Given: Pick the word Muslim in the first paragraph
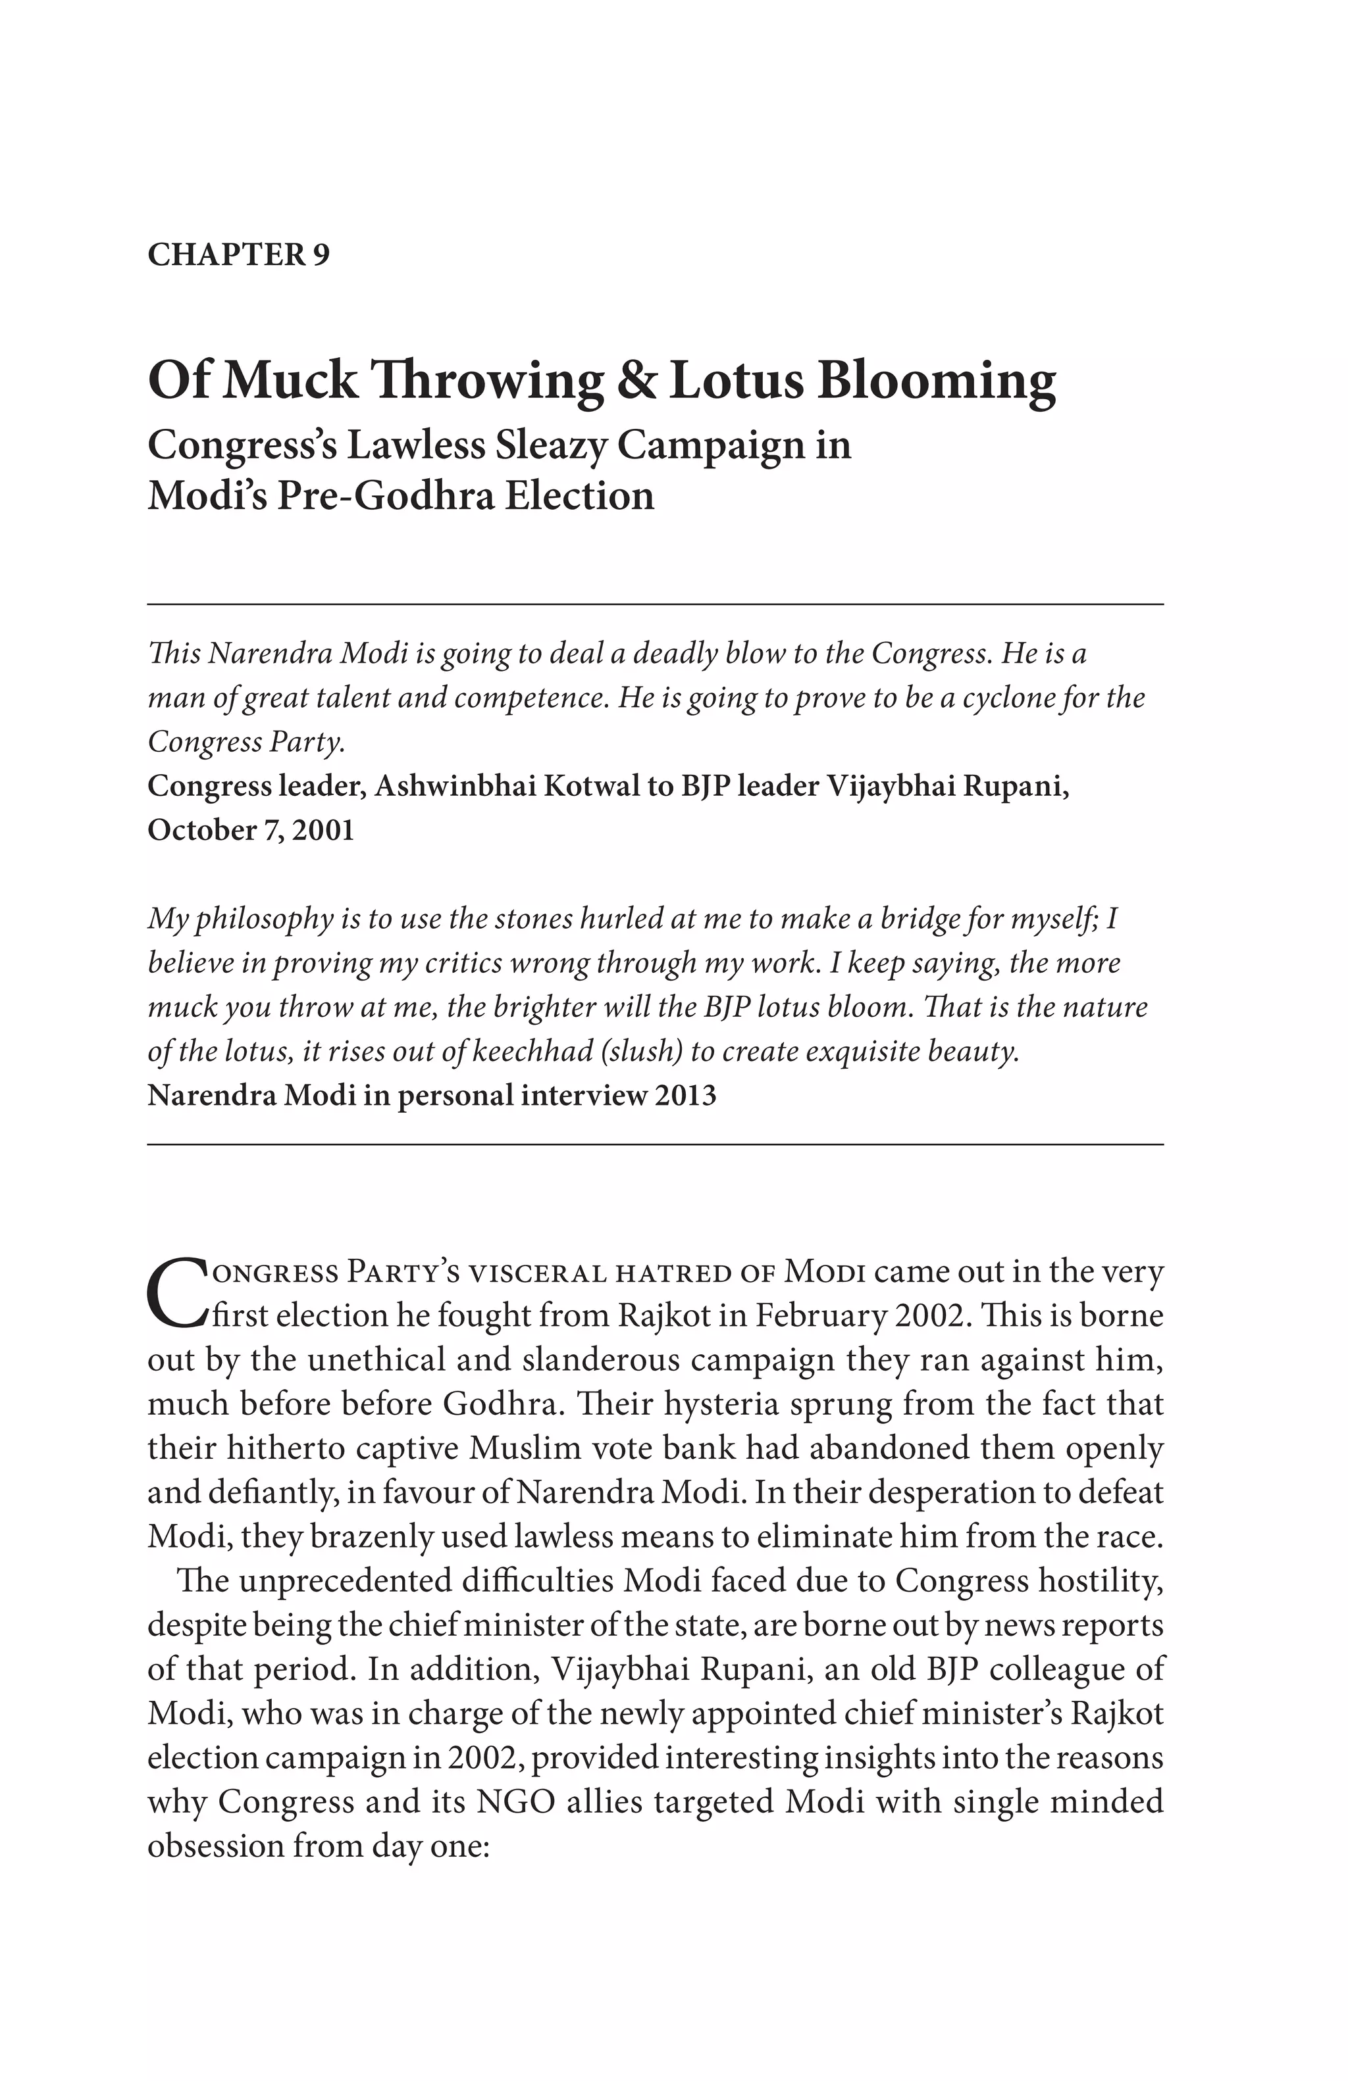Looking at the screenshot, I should coord(525,1448).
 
